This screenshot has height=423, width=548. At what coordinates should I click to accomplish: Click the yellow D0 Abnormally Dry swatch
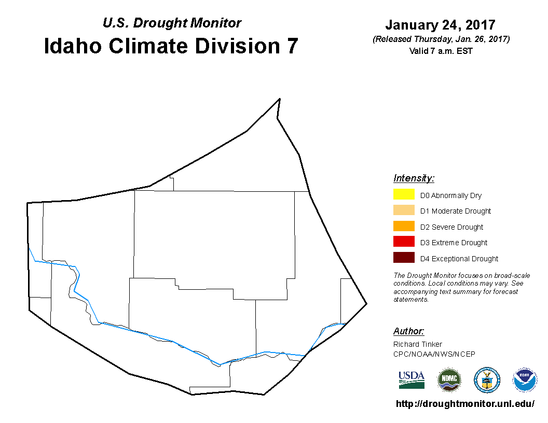(x=404, y=194)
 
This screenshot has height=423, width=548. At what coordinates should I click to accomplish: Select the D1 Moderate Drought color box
(x=404, y=210)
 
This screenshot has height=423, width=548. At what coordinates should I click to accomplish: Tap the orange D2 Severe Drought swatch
(x=404, y=226)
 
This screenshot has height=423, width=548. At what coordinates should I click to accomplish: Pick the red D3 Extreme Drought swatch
(x=404, y=242)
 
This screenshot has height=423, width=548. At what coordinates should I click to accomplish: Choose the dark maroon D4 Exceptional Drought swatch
(x=404, y=258)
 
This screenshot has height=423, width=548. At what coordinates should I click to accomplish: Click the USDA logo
(x=412, y=380)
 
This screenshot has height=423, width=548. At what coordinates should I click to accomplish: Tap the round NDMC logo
(x=449, y=380)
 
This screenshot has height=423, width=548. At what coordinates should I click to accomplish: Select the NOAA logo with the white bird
(x=525, y=380)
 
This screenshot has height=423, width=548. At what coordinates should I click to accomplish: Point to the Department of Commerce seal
(x=487, y=380)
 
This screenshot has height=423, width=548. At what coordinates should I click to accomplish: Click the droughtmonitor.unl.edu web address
(x=465, y=404)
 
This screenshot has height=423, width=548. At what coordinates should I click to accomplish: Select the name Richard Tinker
(x=418, y=344)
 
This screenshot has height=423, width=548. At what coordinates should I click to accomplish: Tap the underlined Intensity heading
(x=414, y=178)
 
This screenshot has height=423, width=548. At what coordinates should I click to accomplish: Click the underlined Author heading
(x=408, y=331)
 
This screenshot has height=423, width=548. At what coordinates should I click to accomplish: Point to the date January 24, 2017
(x=441, y=25)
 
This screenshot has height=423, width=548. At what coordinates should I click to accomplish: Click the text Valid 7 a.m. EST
(x=441, y=51)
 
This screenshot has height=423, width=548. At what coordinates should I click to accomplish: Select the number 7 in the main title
(x=292, y=46)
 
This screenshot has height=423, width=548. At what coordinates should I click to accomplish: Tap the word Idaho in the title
(x=73, y=46)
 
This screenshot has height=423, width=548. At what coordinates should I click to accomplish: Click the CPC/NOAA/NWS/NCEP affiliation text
(x=434, y=354)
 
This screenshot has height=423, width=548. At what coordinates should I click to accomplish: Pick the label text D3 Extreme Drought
(x=454, y=243)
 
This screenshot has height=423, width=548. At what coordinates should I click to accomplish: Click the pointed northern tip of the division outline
(x=280, y=99)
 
